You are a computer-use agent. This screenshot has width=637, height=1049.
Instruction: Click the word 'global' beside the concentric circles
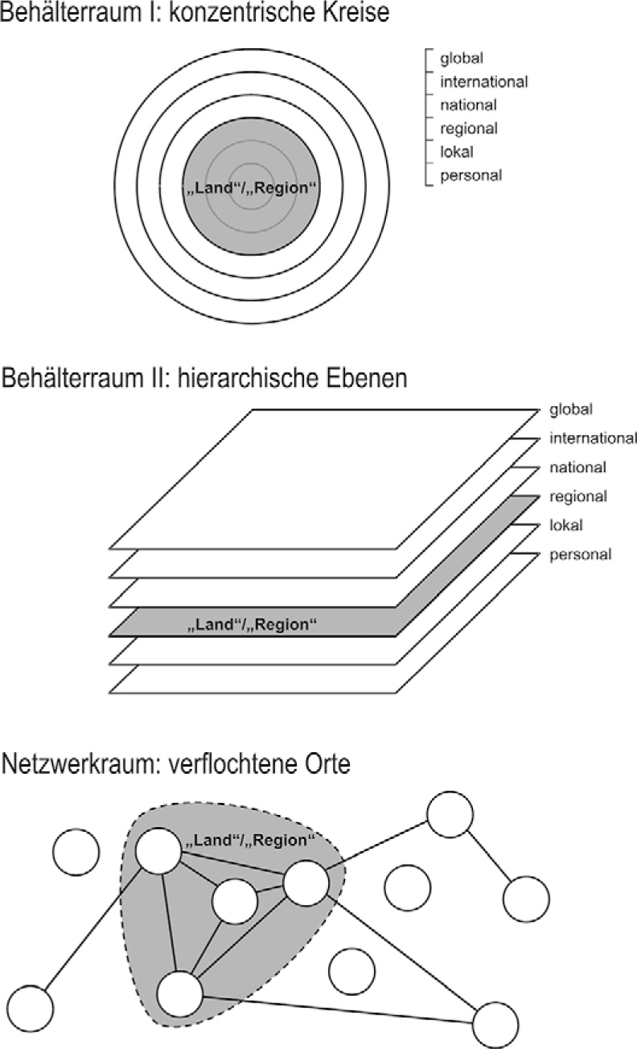click(462, 59)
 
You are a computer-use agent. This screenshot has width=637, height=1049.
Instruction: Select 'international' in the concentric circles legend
click(484, 82)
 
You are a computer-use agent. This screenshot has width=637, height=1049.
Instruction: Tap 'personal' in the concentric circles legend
click(471, 175)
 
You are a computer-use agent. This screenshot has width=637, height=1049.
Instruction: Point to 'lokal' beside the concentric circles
click(457, 152)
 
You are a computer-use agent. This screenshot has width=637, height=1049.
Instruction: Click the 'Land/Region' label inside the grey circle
click(251, 188)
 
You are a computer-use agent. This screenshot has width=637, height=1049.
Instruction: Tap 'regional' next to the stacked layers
click(578, 496)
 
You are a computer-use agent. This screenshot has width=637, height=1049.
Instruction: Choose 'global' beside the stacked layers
click(571, 409)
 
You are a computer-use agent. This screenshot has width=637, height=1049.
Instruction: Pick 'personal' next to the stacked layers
click(581, 555)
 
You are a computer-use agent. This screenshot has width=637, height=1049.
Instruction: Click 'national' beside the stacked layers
click(577, 467)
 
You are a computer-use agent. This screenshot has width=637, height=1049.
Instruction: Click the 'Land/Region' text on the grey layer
click(252, 625)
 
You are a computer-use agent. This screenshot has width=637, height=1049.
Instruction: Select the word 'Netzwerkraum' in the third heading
click(78, 763)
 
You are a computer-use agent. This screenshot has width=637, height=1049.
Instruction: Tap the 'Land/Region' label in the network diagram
click(250, 840)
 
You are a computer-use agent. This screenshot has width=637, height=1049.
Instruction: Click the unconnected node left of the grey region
click(76, 853)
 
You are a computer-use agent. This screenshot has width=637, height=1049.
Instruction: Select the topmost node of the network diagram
click(450, 814)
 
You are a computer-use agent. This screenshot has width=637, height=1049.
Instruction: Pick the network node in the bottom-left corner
click(31, 1009)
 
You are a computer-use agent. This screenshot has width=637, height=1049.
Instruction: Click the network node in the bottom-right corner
click(495, 1026)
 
